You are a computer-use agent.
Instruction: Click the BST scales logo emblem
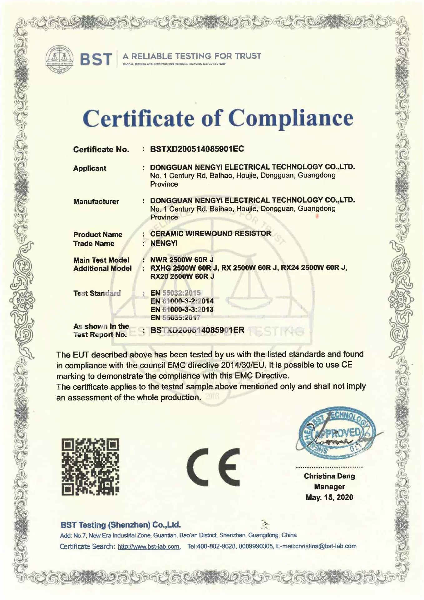coord(60,59)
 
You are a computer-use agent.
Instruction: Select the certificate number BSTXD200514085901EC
coord(197,149)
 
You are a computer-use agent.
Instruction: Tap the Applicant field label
coord(90,168)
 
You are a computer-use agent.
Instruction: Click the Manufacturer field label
coord(96,202)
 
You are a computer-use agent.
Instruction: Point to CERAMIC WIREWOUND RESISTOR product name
coord(210,233)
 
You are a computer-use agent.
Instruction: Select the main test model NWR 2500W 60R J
coord(182,260)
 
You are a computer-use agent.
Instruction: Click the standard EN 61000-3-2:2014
coord(182,301)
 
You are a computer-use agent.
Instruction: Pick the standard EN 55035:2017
coord(175,318)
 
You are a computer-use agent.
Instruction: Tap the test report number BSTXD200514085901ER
coord(197,330)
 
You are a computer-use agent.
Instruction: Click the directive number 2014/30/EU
coord(243,365)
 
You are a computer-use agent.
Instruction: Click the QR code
coord(90,467)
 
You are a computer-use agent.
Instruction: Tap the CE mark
coord(214,467)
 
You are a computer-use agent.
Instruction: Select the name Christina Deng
coord(329,476)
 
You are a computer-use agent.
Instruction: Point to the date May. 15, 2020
coord(329,497)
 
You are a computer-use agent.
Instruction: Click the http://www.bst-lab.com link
coord(149,547)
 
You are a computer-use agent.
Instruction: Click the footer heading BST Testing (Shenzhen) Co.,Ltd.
coord(121,525)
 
